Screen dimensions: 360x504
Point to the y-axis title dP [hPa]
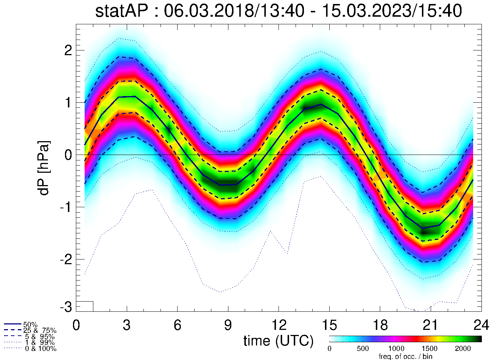(x=44, y=168)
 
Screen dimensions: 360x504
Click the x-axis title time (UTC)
(x=279, y=341)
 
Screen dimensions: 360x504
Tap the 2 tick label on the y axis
(x=68, y=50)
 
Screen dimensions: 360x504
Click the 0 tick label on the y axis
(x=68, y=155)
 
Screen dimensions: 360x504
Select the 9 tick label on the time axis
(x=228, y=325)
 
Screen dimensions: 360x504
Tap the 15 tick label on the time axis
(x=329, y=325)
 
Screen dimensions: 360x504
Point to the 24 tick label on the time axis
(x=481, y=325)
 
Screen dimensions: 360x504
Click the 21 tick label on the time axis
(x=430, y=325)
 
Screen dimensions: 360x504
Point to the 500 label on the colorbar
(x=362, y=349)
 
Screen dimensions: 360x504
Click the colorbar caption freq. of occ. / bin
(x=405, y=356)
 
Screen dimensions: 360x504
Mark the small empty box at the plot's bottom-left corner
(x=85, y=306)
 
